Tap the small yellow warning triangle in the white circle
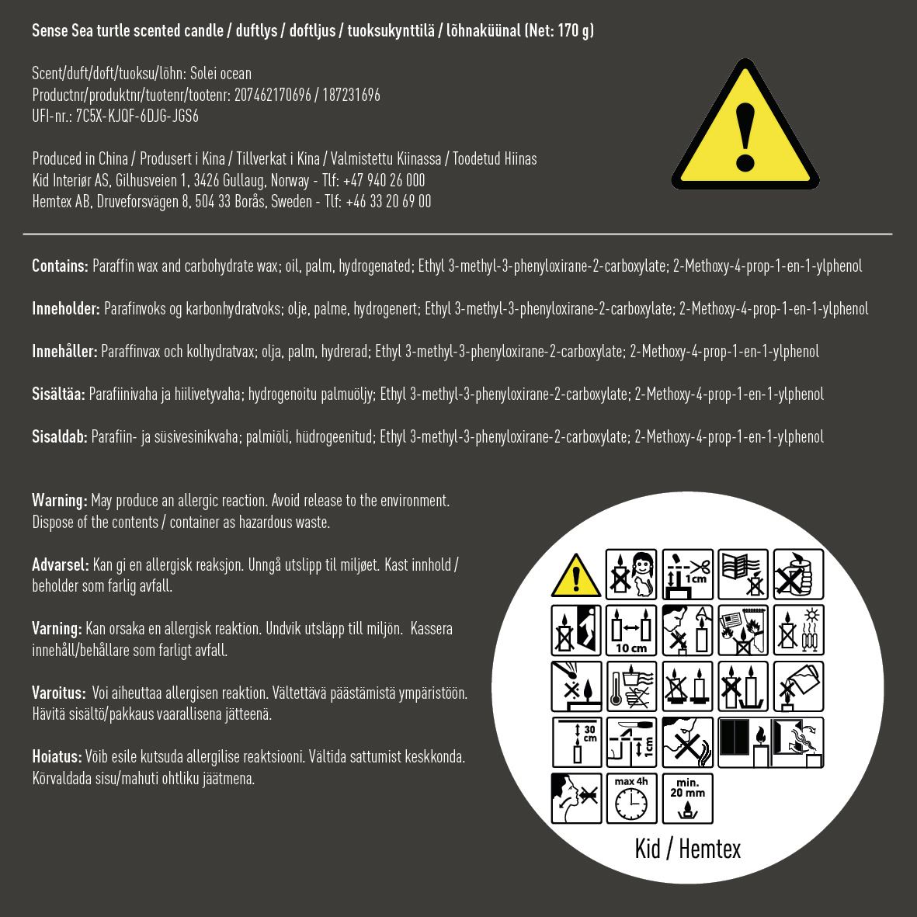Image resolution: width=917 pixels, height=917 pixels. [x=576, y=575]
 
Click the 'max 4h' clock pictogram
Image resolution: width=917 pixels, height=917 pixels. [x=631, y=797]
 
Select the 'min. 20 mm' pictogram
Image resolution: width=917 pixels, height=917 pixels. [x=687, y=797]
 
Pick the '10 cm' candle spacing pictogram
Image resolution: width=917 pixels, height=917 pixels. [x=631, y=630]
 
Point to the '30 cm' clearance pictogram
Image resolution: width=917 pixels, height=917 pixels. [x=576, y=742]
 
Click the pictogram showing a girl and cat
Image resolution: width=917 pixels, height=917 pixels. [x=631, y=575]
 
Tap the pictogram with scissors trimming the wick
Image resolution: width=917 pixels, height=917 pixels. [x=687, y=575]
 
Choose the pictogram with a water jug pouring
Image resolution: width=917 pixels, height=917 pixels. [x=798, y=686]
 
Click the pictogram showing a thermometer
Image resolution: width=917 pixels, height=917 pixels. [x=631, y=686]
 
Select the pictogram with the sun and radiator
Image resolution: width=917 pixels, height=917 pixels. [x=798, y=630]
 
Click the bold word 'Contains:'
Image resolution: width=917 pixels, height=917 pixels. [x=60, y=266]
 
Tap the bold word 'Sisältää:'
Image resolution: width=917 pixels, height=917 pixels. [x=58, y=394]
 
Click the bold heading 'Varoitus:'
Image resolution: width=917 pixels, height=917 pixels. [x=58, y=693]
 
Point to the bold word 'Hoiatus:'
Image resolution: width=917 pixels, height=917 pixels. [x=57, y=756]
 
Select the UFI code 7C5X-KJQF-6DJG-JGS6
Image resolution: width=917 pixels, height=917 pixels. [x=137, y=116]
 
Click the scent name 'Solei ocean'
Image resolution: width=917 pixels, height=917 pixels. [x=221, y=74]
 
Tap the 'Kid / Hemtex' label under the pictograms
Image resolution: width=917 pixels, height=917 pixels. [x=687, y=849]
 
